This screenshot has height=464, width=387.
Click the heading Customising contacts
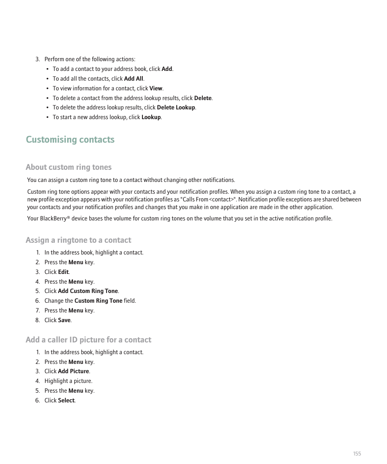coord(70,140)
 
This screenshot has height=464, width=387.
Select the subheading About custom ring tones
coord(69,167)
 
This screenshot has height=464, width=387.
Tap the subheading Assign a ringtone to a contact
coord(78,240)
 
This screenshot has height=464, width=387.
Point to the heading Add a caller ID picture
coord(88,340)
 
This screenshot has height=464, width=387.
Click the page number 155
coord(357,454)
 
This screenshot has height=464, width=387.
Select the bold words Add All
coord(133,79)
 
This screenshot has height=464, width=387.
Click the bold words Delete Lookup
coord(176,108)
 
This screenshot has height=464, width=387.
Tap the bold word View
coord(156,89)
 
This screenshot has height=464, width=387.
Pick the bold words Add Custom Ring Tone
coord(88,291)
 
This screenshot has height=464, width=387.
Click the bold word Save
coord(64,321)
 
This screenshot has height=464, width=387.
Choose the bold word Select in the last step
coord(66,401)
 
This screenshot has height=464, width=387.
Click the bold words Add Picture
coord(73,372)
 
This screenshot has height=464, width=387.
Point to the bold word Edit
coord(63,272)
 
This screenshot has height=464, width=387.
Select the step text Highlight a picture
coord(69,381)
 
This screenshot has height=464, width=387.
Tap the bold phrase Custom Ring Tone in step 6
coord(98,301)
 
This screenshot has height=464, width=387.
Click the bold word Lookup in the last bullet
coord(151,118)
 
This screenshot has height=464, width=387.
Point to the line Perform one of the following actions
coord(90,60)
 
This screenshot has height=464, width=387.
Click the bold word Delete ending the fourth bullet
coord(203,98)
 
